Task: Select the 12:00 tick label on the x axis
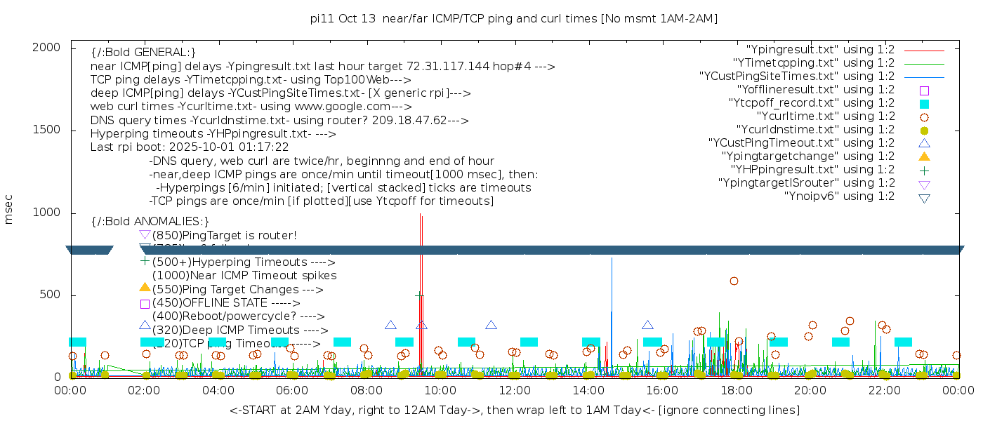[515, 390]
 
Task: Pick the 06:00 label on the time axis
[292, 390]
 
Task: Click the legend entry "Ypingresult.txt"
[820, 50]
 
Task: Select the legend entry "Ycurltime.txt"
[826, 116]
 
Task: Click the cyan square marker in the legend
[924, 104]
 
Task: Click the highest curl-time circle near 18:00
[734, 281]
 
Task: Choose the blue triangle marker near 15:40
[647, 325]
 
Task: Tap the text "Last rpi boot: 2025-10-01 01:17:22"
[190, 147]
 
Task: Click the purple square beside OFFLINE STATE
[145, 304]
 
